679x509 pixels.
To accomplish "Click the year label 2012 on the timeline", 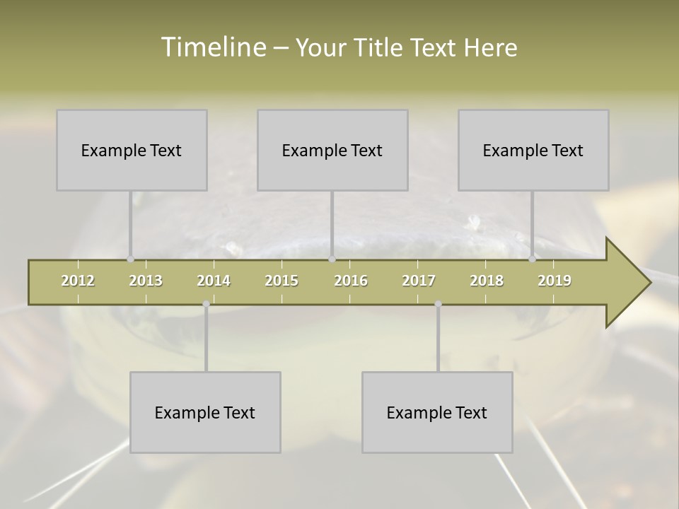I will (x=78, y=281).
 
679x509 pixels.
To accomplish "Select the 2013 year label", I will (x=146, y=281).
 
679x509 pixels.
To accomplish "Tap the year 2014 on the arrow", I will (x=214, y=281).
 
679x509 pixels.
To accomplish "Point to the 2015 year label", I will (x=282, y=281).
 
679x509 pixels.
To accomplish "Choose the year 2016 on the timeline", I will (x=351, y=281).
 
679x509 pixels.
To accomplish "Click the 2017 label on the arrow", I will (x=419, y=281).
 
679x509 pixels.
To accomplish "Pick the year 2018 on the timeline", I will (x=487, y=281).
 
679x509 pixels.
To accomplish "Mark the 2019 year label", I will (x=555, y=281).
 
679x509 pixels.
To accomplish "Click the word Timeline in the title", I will (x=212, y=47).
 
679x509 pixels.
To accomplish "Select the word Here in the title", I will (x=490, y=47).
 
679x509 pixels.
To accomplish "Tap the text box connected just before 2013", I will (x=132, y=150).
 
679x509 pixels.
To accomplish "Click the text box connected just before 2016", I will (x=332, y=150).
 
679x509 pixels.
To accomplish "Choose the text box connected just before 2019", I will (x=533, y=150).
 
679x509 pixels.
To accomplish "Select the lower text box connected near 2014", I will (x=205, y=412).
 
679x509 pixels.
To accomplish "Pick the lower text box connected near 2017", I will (x=437, y=412).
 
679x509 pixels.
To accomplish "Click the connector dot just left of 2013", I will (x=130, y=259).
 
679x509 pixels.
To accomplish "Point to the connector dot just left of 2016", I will (x=332, y=259).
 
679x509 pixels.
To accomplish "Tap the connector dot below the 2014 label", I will (x=206, y=304).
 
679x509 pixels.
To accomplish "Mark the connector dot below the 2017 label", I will (x=438, y=304).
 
